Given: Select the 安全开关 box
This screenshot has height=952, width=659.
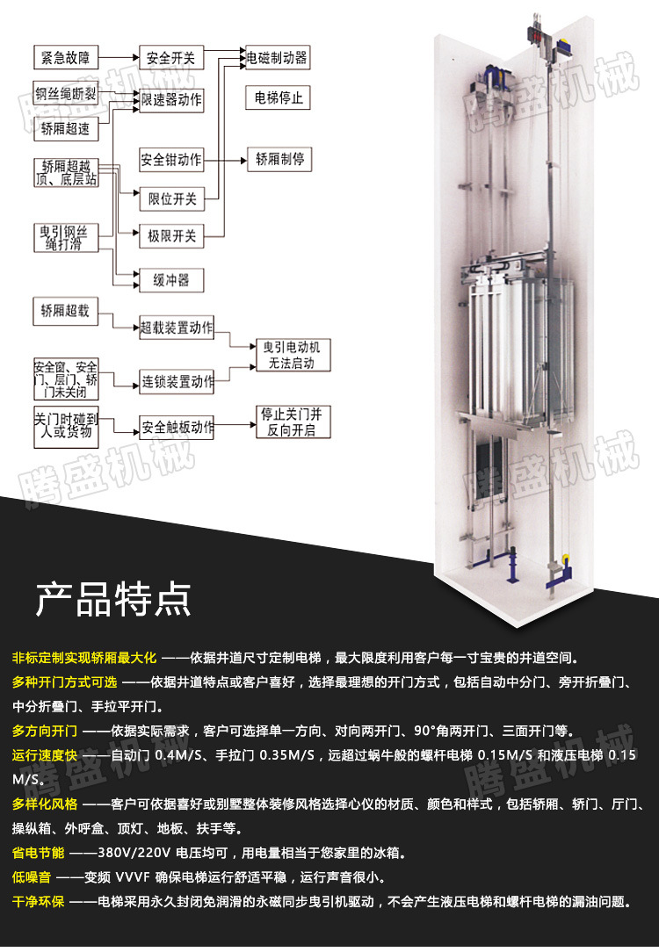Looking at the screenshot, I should click(x=170, y=59).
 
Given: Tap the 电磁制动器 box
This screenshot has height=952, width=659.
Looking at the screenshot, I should click(x=277, y=59).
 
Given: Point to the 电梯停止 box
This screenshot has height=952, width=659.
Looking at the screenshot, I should click(x=278, y=97).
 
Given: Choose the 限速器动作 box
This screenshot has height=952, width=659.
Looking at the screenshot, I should click(x=171, y=101).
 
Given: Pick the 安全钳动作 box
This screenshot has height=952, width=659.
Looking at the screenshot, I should click(x=170, y=161).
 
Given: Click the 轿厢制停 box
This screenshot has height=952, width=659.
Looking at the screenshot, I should click(x=279, y=161).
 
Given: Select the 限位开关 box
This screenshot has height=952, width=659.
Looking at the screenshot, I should click(x=170, y=199).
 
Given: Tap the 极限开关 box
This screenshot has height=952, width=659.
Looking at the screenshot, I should click(x=170, y=235).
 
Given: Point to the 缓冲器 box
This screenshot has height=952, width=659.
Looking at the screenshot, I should click(x=170, y=280).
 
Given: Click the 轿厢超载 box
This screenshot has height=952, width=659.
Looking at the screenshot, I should click(x=65, y=310).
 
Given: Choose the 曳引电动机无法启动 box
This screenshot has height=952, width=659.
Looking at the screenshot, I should click(x=286, y=356).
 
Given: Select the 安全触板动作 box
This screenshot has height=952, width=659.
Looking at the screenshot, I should click(x=177, y=429).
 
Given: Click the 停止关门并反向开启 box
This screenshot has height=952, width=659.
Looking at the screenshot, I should click(x=286, y=422).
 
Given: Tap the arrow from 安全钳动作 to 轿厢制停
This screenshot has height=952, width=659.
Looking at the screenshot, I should click(x=225, y=161).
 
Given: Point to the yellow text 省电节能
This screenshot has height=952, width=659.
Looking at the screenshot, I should click(x=39, y=853).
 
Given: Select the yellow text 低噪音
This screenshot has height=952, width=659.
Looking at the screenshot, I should click(x=32, y=877).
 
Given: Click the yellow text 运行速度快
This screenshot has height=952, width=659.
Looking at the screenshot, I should click(x=45, y=755).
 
